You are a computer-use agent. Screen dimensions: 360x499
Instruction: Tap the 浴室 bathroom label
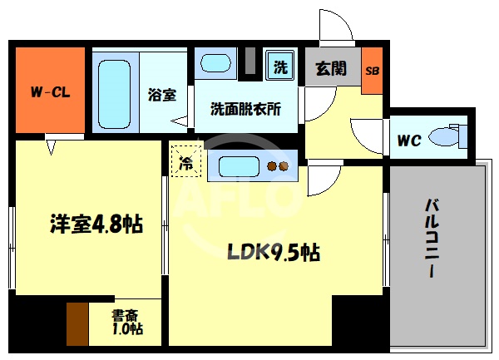coord(162,95)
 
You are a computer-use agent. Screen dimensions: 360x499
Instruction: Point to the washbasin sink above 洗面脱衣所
coord(216,64)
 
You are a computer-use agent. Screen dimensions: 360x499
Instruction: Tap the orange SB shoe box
coord(373,69)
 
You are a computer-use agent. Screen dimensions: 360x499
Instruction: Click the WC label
coord(408,141)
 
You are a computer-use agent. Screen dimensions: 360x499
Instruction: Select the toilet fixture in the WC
coord(450,136)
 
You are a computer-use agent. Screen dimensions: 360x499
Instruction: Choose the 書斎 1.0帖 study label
coord(126,322)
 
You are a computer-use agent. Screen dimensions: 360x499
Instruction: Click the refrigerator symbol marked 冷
coord(186,163)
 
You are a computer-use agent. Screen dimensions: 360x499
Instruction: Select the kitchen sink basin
coord(241,166)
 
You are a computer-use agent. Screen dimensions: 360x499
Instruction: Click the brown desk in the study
coord(77,323)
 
